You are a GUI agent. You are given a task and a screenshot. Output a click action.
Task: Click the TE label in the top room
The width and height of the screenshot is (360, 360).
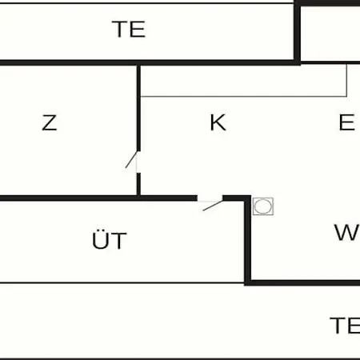coord(129,29)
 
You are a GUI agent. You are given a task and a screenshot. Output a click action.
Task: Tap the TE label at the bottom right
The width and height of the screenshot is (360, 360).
coord(345,326)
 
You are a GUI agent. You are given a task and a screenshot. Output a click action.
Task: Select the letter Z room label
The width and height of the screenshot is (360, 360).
coord(50,122)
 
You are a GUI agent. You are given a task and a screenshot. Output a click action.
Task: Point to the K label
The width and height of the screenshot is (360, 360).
coord(218,122)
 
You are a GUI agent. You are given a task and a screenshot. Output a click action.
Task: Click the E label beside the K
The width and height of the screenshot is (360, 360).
coord(346,122)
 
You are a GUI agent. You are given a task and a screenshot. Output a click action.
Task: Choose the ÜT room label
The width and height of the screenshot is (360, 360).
coord(110,239)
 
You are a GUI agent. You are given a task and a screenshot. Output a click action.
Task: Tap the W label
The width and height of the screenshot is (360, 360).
coord(347,232)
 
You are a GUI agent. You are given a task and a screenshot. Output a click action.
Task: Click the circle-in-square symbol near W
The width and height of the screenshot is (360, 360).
coord(263,206)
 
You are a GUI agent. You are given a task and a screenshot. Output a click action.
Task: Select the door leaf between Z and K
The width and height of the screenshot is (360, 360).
coord(131,159)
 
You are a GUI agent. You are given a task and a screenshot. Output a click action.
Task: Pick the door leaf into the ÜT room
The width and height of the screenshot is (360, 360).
coord(213,206)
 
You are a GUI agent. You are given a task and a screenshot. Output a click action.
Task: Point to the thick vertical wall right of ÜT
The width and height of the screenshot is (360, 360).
coord(248,239)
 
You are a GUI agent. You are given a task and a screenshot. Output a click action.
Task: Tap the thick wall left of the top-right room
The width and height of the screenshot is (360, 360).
coord(298,32)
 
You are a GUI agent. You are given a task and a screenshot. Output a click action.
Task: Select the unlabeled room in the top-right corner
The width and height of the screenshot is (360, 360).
coord(330,34)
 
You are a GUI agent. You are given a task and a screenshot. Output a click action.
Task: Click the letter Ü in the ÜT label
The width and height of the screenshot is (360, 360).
coord(99,239)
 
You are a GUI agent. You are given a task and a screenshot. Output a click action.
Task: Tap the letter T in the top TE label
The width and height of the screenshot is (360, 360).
coord(120,29)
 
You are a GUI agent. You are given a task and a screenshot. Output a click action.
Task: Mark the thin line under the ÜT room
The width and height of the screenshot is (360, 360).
coord(122,282)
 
